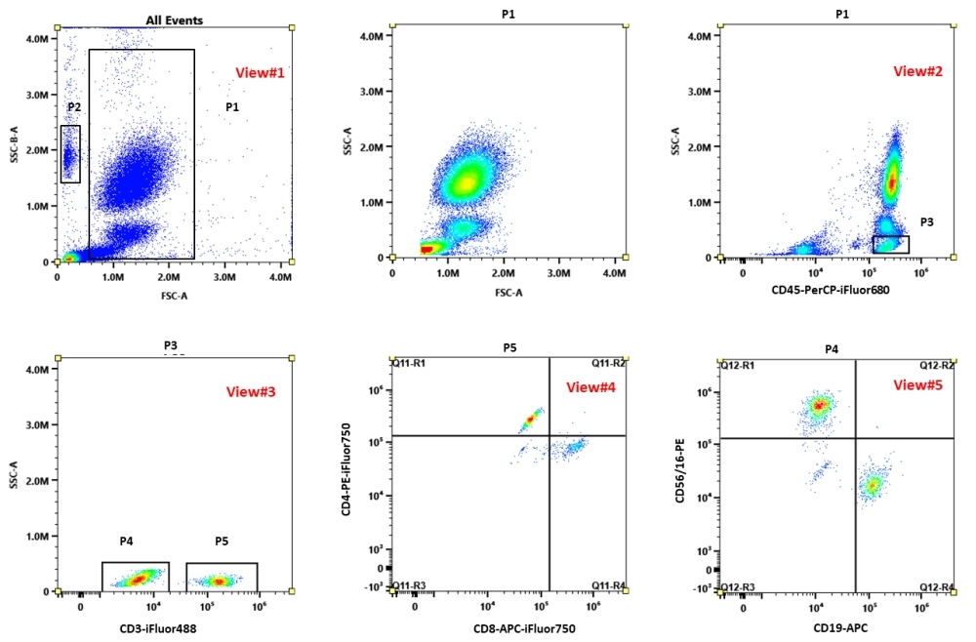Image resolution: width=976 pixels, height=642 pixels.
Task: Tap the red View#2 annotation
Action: (920, 71)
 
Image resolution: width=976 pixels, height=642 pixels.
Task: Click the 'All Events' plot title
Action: (175, 20)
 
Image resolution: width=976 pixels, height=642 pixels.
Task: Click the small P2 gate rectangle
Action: (70, 153)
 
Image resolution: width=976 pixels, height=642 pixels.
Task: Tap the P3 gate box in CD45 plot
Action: (890, 244)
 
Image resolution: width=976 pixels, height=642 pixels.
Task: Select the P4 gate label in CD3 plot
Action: (126, 542)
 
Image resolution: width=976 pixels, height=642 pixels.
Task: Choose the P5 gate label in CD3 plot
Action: (222, 542)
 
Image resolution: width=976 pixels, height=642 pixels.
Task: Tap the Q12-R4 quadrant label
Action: (936, 586)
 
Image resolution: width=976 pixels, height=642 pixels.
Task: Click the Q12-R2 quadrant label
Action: (936, 365)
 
